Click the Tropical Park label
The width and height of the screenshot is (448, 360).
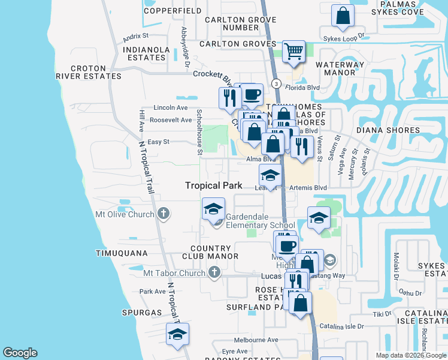(213, 186)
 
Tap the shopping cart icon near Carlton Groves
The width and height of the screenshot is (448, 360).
(293, 52)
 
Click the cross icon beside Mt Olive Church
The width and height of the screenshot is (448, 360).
(163, 214)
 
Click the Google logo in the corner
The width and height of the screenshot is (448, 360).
(20, 353)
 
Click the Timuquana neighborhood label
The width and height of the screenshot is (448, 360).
(122, 254)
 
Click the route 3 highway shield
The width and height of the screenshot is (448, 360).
(276, 83)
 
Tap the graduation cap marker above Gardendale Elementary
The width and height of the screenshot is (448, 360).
(214, 208)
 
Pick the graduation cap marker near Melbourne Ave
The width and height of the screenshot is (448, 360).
(177, 335)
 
